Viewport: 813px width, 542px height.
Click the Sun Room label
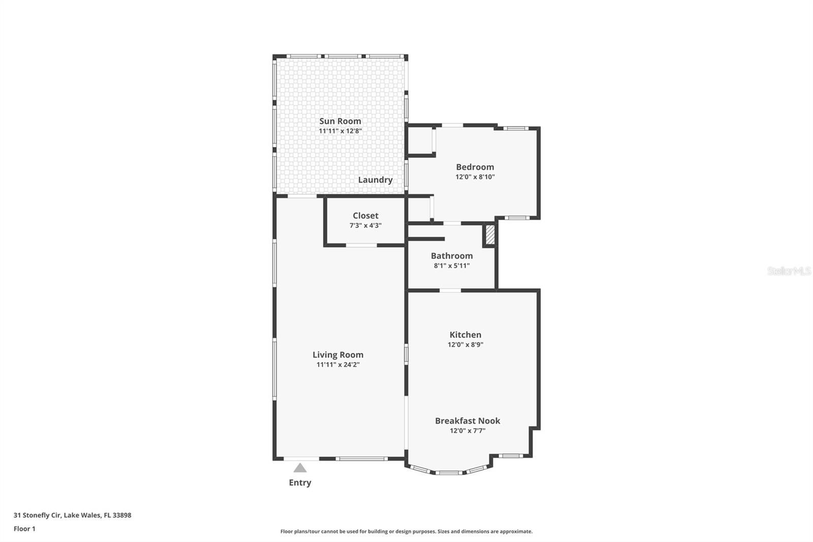click(340, 121)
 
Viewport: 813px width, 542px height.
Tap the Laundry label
click(375, 180)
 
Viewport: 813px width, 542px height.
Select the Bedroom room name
click(475, 167)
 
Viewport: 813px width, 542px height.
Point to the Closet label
click(365, 216)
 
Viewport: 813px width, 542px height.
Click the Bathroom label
click(452, 256)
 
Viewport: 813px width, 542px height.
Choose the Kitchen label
click(465, 335)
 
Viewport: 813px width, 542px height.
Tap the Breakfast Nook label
click(467, 420)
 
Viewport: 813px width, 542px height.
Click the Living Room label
click(338, 355)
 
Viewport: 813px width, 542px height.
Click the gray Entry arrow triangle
click(300, 468)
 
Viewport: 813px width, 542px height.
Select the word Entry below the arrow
click(300, 483)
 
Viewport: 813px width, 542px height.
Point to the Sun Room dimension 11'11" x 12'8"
click(340, 131)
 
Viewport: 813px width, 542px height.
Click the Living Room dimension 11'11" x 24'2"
click(338, 365)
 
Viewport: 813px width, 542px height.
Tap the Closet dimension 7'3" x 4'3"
click(365, 225)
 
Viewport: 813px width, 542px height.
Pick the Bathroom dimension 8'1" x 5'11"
click(452, 265)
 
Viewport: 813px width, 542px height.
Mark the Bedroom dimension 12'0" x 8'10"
click(475, 177)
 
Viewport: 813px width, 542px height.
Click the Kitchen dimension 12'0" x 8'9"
click(465, 344)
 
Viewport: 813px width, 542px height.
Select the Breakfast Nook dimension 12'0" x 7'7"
click(467, 431)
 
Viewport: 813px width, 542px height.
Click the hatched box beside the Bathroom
click(490, 235)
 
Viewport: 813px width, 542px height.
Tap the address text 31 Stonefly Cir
click(38, 515)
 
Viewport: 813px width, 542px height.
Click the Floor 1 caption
click(24, 529)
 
